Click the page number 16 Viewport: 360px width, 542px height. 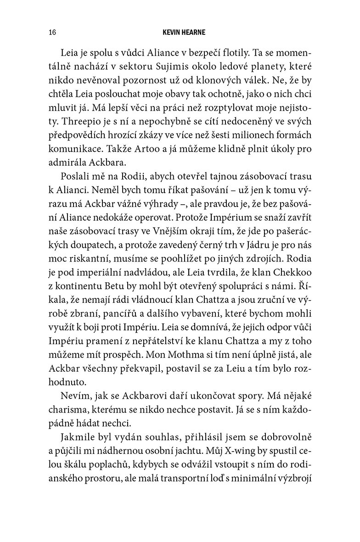point(51,33)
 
